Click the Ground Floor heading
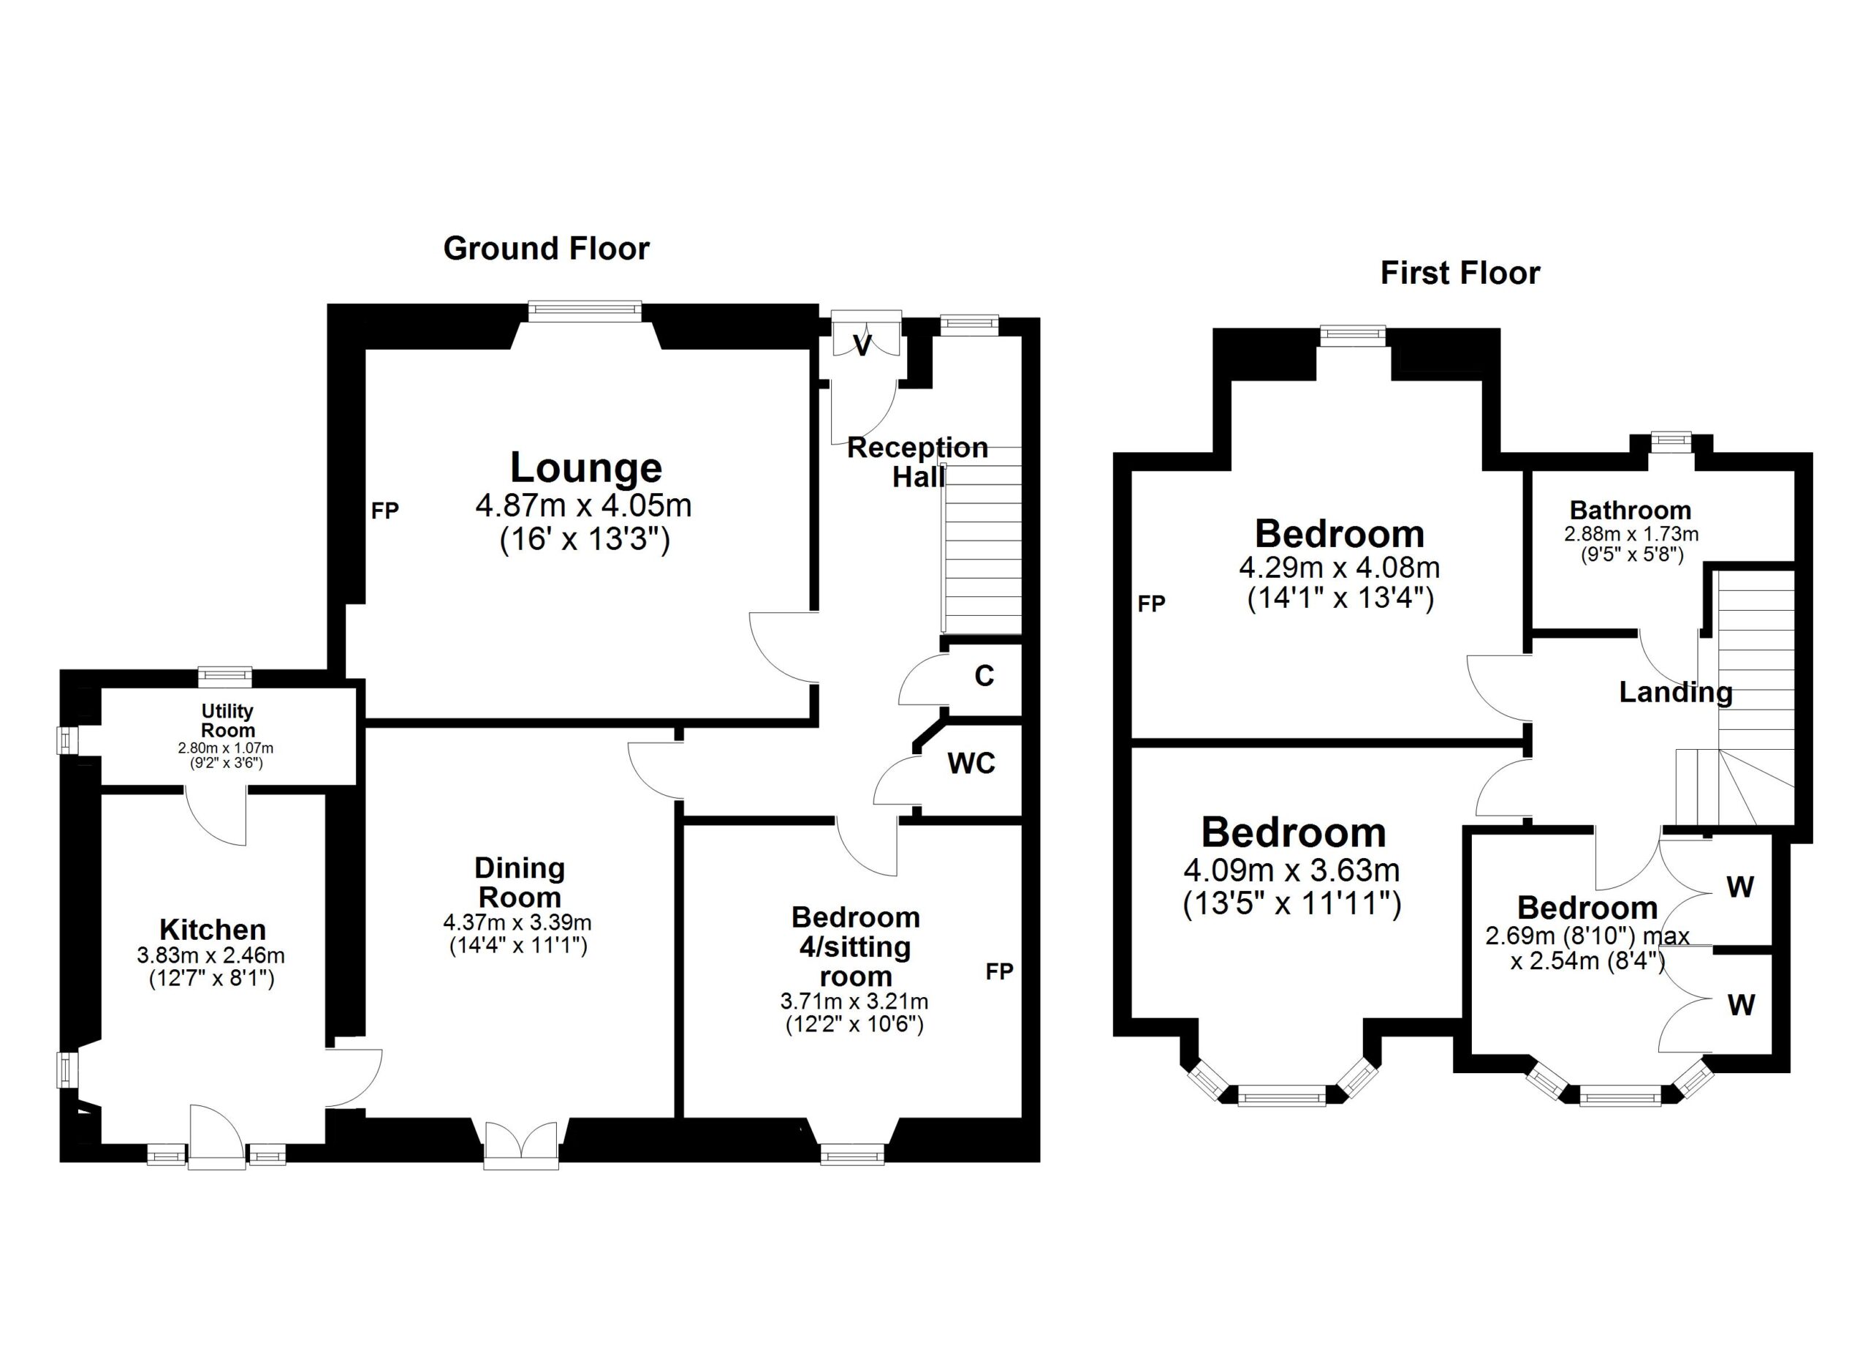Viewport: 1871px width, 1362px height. pos(546,249)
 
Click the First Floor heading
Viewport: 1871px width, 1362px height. pos(1460,274)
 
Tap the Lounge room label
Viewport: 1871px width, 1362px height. pos(585,467)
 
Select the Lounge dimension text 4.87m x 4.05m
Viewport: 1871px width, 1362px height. pos(583,505)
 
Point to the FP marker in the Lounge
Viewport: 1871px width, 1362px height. pos(384,511)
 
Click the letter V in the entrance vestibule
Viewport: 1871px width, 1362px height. pos(862,347)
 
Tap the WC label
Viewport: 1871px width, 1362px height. pos(971,764)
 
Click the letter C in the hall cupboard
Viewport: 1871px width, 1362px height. pos(984,676)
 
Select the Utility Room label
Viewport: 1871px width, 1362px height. pos(228,720)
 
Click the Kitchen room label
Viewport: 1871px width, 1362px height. pos(212,930)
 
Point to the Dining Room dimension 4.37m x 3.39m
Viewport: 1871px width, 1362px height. pos(517,922)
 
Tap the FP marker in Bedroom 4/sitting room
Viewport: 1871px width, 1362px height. pos(999,971)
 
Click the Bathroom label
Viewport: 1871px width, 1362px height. pos(1630,510)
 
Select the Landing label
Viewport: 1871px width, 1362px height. pos(1675,692)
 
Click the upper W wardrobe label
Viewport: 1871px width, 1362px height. pos(1740,887)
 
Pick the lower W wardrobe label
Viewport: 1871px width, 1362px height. pos(1741,1004)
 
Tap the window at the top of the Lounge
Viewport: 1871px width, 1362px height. pos(585,310)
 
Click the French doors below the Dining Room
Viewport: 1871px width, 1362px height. pos(521,1144)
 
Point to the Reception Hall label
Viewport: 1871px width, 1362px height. pos(917,462)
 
